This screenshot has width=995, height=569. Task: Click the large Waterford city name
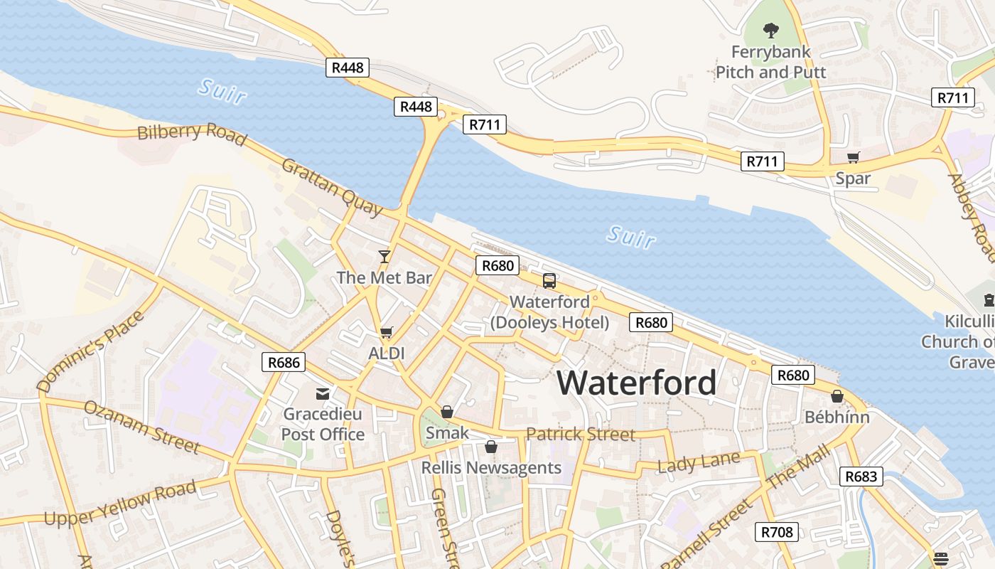[636, 383]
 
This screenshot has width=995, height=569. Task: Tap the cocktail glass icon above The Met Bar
[384, 256]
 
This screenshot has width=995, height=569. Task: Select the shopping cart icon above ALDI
[387, 332]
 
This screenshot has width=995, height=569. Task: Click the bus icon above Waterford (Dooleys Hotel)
[549, 280]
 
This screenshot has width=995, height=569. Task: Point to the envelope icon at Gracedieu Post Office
[323, 393]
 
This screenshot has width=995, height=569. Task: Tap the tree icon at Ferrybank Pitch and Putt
[770, 30]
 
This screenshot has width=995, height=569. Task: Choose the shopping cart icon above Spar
[853, 157]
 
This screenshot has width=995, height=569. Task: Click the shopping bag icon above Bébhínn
[837, 396]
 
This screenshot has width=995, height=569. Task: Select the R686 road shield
[284, 362]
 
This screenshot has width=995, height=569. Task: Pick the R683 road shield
[861, 476]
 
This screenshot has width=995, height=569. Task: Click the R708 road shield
[776, 531]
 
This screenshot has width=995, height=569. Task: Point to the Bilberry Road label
[191, 132]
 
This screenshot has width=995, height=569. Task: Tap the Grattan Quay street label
[332, 187]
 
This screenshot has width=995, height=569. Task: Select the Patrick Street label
[580, 434]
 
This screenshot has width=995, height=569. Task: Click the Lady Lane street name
[698, 463]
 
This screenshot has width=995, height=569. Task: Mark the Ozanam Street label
[141, 427]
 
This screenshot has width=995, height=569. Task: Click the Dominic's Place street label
[90, 351]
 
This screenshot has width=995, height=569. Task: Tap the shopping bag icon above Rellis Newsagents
[490, 447]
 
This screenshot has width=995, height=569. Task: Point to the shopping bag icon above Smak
[447, 411]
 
